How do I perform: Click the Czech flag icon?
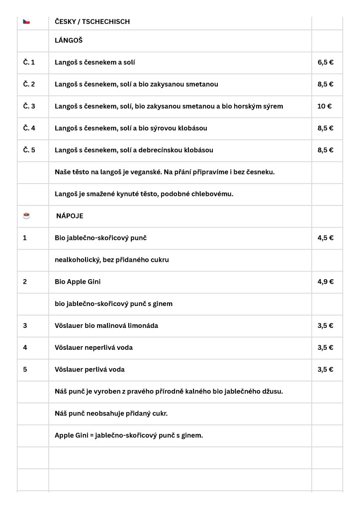[26, 21]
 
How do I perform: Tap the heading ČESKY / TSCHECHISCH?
[92, 21]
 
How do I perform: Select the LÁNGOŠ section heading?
[69, 40]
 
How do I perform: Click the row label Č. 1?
[29, 63]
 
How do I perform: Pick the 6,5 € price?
[325, 63]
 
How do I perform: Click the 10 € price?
[324, 106]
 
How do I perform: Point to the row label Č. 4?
[29, 128]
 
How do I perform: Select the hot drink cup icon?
[26, 215]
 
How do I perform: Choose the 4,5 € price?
[325, 238]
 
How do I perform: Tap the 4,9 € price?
[325, 282]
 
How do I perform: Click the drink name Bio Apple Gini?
[78, 282]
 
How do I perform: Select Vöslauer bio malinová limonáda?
[106, 325]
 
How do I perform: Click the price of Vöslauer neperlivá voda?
[325, 347]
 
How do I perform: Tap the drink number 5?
[25, 369]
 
